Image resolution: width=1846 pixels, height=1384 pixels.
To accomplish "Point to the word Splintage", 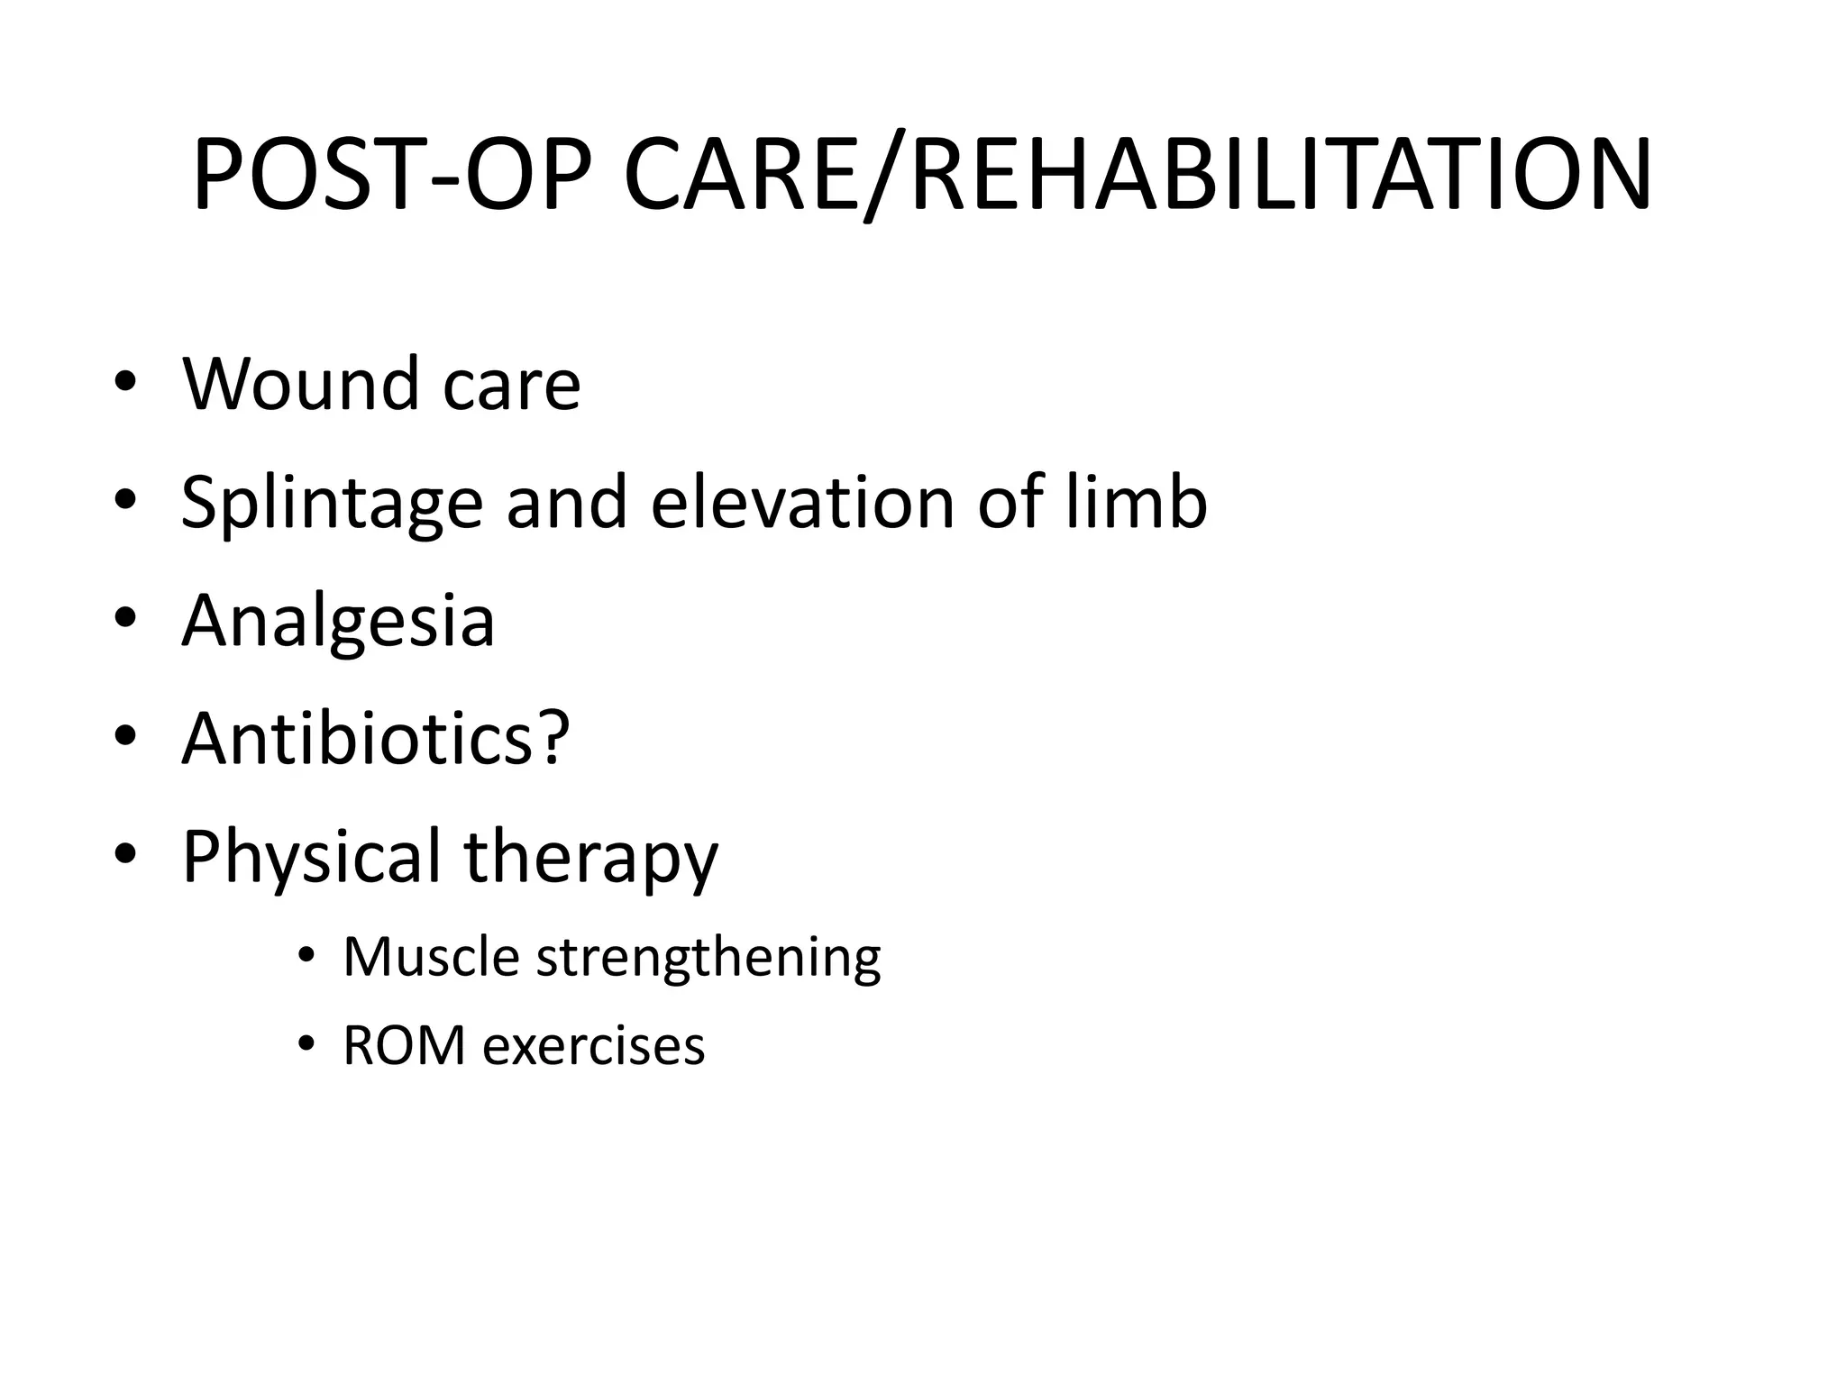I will [x=332, y=505].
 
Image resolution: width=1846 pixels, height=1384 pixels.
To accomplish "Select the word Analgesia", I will [x=338, y=624].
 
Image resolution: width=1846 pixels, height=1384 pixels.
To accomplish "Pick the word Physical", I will [x=311, y=858].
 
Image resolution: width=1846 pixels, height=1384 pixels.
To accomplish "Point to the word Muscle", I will [x=431, y=957].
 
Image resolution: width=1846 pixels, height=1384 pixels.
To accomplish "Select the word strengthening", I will [x=708, y=961].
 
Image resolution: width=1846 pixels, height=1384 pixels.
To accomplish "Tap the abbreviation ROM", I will [x=404, y=1047].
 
